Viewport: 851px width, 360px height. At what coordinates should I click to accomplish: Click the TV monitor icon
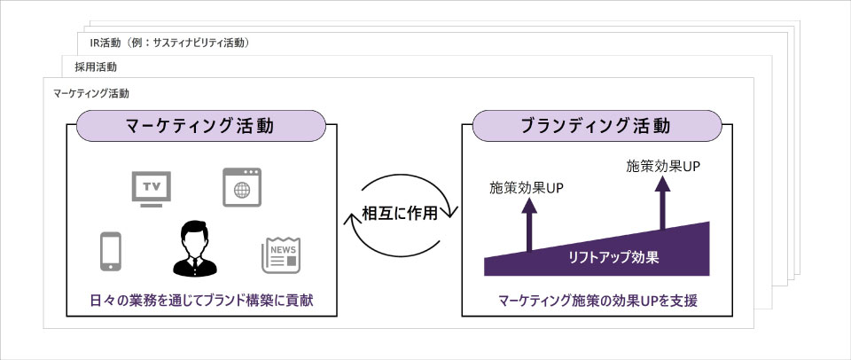click(151, 188)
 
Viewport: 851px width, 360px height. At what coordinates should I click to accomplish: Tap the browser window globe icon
click(241, 188)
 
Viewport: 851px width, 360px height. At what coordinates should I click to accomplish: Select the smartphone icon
click(110, 250)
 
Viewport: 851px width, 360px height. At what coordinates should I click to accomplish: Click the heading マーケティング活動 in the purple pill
click(199, 125)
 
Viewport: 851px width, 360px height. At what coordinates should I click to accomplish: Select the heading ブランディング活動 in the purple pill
click(593, 125)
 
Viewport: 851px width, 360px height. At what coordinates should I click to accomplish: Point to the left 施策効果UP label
click(527, 188)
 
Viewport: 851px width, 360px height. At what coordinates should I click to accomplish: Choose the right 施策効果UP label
click(663, 165)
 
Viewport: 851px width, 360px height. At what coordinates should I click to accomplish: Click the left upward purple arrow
click(529, 226)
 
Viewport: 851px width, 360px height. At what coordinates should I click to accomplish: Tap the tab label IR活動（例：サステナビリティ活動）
click(174, 43)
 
